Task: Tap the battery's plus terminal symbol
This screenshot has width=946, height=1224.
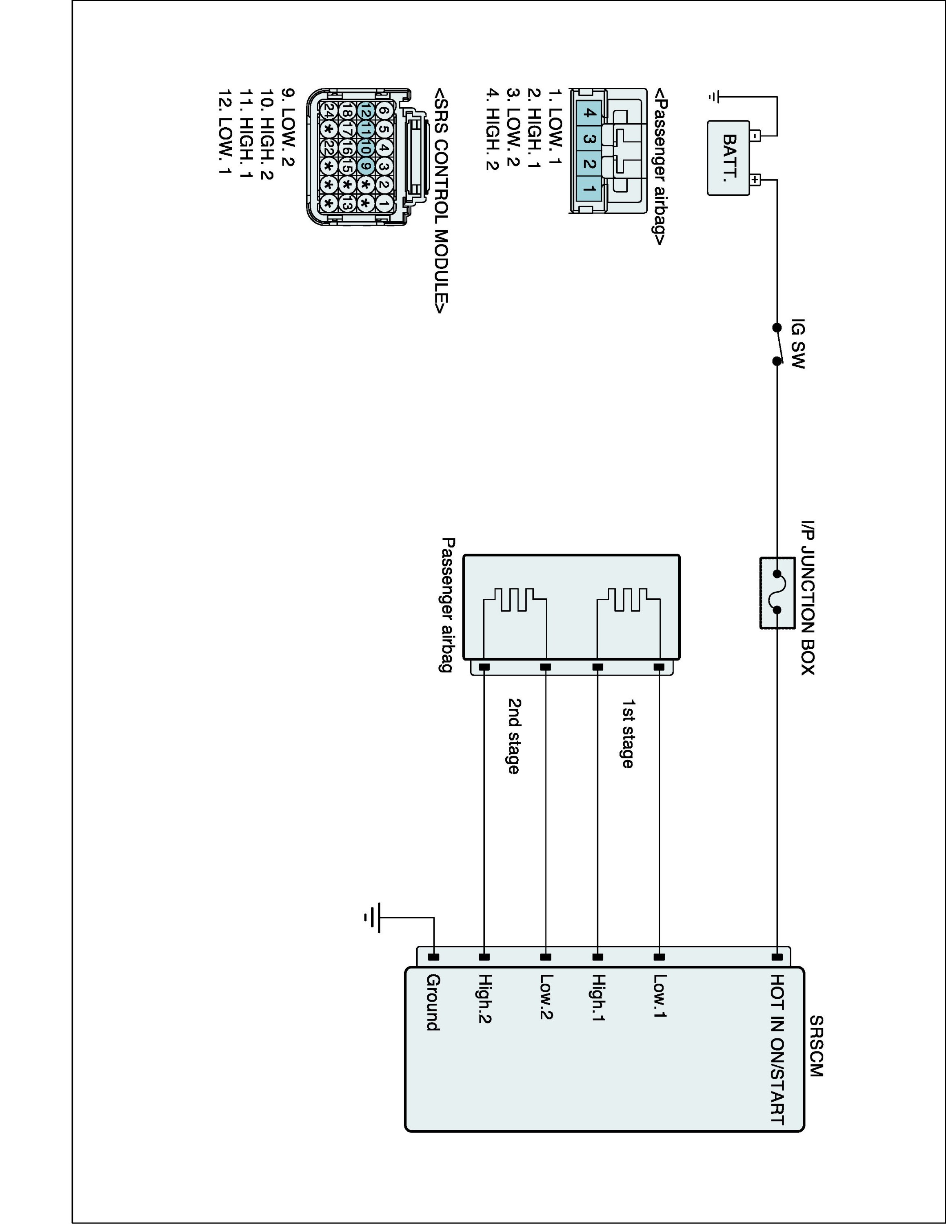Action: coord(755,180)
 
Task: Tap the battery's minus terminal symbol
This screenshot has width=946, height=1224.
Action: coord(755,135)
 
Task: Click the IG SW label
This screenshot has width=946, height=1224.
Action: coord(797,344)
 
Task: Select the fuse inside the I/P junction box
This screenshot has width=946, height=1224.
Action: coord(777,592)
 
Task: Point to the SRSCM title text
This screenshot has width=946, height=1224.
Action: coord(817,1046)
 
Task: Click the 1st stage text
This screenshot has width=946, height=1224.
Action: coord(628,734)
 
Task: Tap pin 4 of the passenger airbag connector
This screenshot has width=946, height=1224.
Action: coord(588,113)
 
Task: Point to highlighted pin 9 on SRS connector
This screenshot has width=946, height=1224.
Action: coord(365,166)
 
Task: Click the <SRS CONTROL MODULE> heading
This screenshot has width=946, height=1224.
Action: coord(442,200)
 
